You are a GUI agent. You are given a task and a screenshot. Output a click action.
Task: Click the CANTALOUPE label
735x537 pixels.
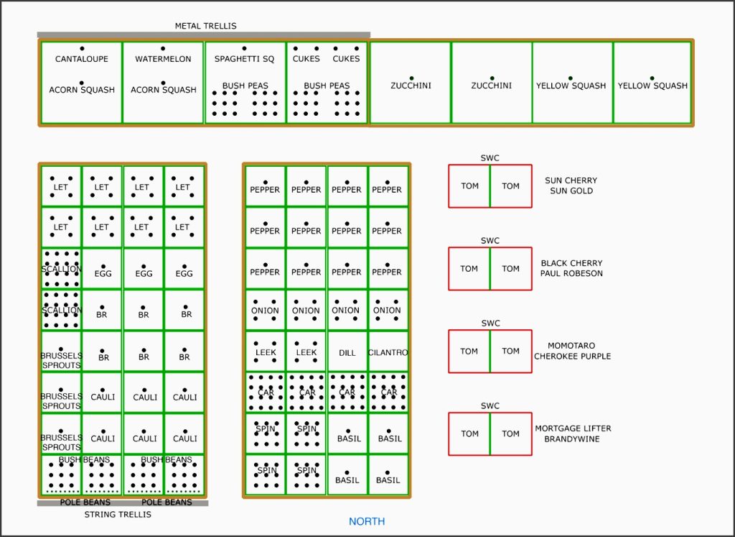click(x=82, y=59)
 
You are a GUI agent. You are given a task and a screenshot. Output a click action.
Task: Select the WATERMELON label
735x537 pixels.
click(x=163, y=59)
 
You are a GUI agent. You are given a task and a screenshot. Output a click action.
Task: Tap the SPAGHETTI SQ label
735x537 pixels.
click(x=244, y=59)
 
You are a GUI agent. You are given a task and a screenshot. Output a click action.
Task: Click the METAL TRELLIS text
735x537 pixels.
click(x=205, y=26)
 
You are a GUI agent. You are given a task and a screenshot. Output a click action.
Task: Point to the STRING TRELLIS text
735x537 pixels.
click(x=118, y=514)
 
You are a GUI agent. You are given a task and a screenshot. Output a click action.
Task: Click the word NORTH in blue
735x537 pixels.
click(x=367, y=521)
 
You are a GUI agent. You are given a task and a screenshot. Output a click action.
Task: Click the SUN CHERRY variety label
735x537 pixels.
click(x=571, y=180)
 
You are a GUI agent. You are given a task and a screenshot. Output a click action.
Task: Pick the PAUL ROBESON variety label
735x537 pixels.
click(x=571, y=273)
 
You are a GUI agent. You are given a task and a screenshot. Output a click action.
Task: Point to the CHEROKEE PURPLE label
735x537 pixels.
click(x=573, y=356)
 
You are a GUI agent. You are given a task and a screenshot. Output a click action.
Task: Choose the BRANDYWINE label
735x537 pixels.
click(x=573, y=439)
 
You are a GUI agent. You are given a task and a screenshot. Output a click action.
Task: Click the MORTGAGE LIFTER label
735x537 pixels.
click(x=573, y=428)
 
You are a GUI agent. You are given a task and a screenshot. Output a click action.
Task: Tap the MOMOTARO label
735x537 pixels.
click(x=571, y=346)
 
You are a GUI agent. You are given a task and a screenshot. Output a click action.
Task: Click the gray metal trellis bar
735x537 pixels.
click(x=204, y=35)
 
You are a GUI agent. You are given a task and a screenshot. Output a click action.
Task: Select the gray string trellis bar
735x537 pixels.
click(x=122, y=503)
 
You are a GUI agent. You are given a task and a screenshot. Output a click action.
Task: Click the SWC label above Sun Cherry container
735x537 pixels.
click(x=490, y=158)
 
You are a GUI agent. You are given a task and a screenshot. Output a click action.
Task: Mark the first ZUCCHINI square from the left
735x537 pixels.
click(x=411, y=83)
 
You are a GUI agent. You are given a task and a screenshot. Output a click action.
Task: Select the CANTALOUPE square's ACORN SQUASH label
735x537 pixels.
click(x=82, y=90)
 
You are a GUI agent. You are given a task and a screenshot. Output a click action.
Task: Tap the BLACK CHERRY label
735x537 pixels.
click(x=571, y=263)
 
